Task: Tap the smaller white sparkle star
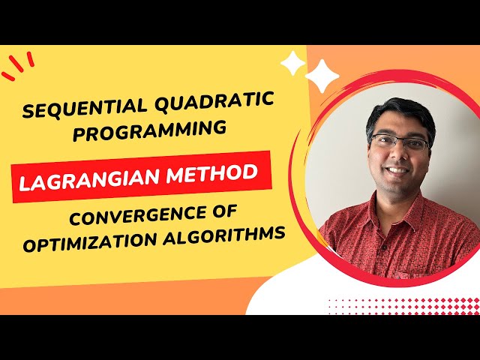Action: click(292, 63)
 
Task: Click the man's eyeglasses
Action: click(400, 142)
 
